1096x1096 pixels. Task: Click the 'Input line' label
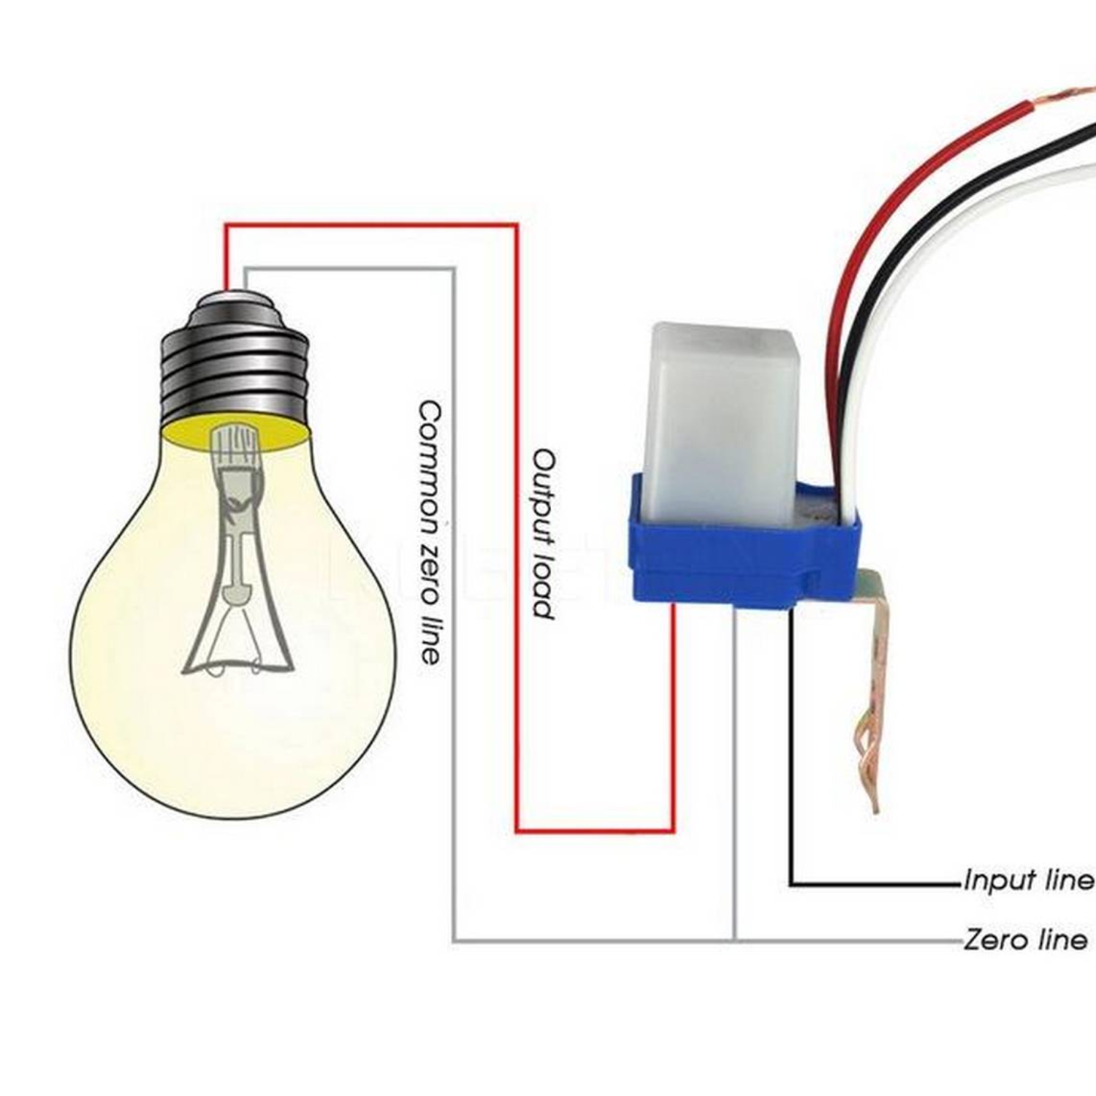tap(1029, 880)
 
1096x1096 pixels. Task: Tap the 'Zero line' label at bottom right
tap(1026, 940)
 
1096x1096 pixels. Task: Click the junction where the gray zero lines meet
tap(735, 939)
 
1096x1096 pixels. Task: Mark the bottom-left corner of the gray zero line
tap(454, 940)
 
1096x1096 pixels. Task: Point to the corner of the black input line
tap(791, 885)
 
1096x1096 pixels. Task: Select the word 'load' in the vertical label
tap(544, 585)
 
